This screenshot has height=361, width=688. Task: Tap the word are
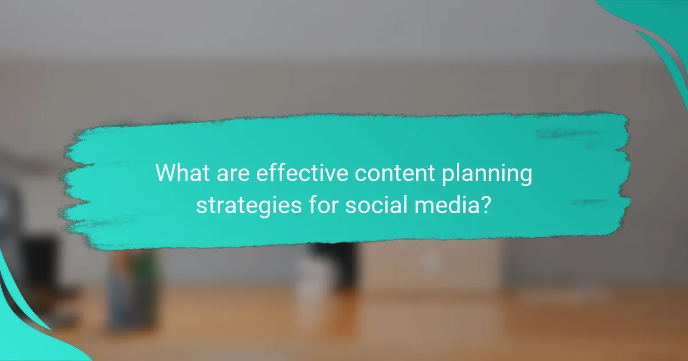pos(234,172)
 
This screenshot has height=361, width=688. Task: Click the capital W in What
pos(166,172)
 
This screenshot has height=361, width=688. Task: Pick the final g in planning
pos(525,176)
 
